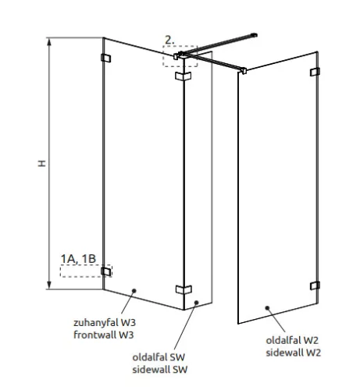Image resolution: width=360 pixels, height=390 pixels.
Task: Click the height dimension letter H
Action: point(42,163)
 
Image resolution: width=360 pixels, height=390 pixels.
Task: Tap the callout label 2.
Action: point(169,40)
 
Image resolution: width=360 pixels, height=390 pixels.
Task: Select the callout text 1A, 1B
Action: point(78,259)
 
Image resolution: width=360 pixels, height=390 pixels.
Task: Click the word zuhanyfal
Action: point(95,323)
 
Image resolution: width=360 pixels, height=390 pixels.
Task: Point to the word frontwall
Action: point(94,335)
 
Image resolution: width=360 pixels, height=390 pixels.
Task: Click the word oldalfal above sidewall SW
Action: point(149,357)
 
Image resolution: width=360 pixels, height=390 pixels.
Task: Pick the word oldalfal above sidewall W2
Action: point(283,340)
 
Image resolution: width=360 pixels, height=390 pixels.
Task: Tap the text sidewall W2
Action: point(294,353)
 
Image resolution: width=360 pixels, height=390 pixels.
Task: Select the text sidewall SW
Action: point(160,370)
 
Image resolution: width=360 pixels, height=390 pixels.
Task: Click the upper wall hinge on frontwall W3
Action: point(105,58)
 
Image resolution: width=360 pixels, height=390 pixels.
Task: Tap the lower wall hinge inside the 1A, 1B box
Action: point(106,271)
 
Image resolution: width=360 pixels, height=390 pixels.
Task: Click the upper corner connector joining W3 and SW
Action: point(184,76)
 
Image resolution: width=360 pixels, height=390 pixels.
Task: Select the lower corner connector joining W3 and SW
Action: point(184,289)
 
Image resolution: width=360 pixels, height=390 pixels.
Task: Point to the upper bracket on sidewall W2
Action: point(315,72)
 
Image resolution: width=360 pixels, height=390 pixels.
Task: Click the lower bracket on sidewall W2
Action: point(315,285)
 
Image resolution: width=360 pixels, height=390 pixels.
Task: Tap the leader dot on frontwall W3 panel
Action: point(134,291)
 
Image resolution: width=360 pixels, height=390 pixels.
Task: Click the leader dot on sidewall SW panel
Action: point(197,303)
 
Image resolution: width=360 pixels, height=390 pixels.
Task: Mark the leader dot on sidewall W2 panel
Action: point(267,308)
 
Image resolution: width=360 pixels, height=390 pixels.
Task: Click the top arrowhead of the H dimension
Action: point(49,42)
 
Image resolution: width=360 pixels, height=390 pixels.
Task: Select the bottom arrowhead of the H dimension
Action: point(49,285)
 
